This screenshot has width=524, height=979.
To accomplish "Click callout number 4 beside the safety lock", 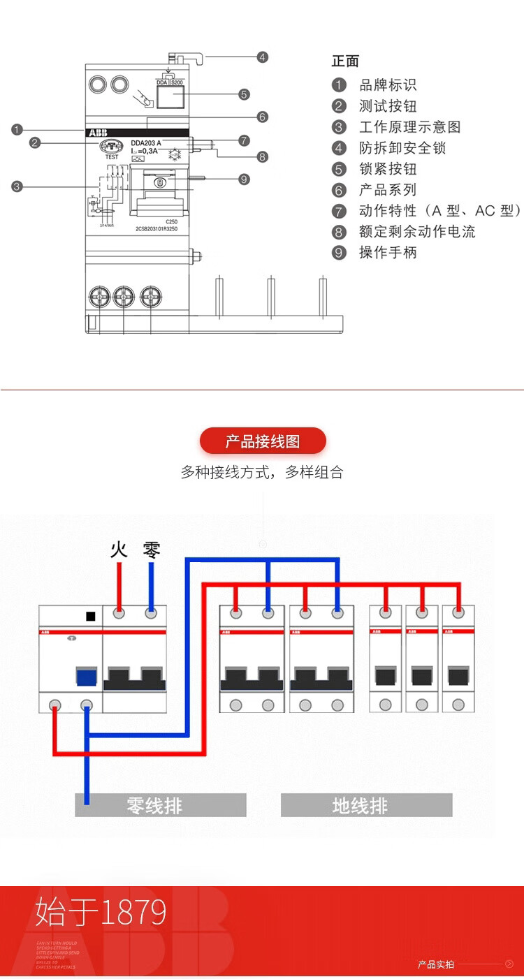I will pyautogui.click(x=262, y=57).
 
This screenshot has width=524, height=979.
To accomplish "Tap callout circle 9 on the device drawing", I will pyautogui.click(x=243, y=179).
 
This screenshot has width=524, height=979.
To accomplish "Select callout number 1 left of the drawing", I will pyautogui.click(x=17, y=129).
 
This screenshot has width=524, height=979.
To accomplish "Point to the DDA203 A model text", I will pyautogui.click(x=146, y=143).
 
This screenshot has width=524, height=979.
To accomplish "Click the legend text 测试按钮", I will pyautogui.click(x=388, y=106).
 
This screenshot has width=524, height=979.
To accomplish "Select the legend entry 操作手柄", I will pyautogui.click(x=388, y=252).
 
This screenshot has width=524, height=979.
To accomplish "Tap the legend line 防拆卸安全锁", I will pyautogui.click(x=402, y=148).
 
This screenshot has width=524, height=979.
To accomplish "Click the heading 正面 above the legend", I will pyautogui.click(x=345, y=61).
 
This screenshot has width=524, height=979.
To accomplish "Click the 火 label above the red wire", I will pyautogui.click(x=119, y=550).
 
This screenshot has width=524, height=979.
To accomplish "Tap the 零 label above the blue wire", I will pyautogui.click(x=151, y=550).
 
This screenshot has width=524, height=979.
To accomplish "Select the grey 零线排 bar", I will pyautogui.click(x=161, y=805).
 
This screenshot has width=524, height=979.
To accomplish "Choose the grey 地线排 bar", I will pyautogui.click(x=366, y=805).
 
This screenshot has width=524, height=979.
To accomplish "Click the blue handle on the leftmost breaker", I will pyautogui.click(x=86, y=678).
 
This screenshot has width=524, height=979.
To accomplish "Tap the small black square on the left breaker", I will pyautogui.click(x=89, y=616).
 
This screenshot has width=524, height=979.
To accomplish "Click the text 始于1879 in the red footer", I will pyautogui.click(x=101, y=912).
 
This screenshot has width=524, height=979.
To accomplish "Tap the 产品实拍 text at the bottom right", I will pyautogui.click(x=436, y=964).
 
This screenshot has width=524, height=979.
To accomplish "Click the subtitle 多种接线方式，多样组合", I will pyautogui.click(x=262, y=472).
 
